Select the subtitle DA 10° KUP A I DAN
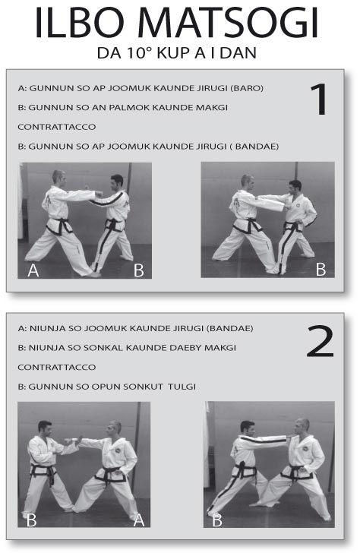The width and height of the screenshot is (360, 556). tap(179, 54)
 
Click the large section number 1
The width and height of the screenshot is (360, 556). tap(320, 99)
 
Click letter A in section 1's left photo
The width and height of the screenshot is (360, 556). tap(33, 270)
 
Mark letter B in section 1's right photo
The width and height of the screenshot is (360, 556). tap(321, 269)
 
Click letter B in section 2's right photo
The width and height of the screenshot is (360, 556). tap(216, 520)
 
